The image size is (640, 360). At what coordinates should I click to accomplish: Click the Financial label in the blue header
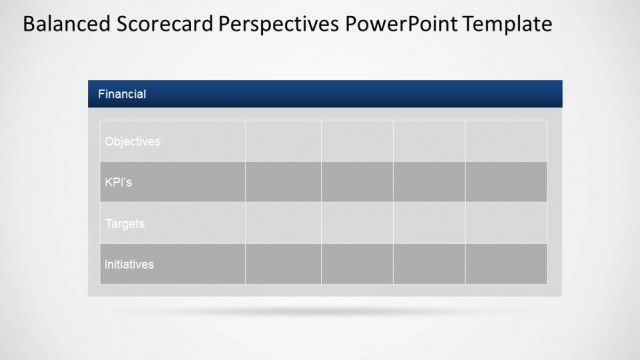pos(122,94)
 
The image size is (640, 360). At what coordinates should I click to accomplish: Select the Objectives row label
pos(132,141)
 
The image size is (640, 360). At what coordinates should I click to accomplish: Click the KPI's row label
pos(118,182)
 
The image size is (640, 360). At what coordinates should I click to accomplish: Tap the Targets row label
pos(125,223)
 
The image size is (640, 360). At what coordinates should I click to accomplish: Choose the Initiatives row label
pos(129,264)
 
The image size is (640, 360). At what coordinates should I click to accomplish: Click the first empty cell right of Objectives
pos(283,141)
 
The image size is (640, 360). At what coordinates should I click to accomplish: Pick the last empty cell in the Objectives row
pos(506,141)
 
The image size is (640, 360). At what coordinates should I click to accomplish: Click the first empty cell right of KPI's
pos(283,182)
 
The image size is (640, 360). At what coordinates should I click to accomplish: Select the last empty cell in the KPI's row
pos(506,182)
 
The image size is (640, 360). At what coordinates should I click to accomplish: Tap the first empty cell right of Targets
pos(283,223)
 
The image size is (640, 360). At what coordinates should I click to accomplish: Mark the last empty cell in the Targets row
pos(506,223)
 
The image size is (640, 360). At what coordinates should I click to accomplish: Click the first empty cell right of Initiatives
pos(283,264)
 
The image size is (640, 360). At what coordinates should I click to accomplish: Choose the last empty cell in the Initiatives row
pos(506,264)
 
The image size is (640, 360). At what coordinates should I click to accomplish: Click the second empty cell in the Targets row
pos(357,223)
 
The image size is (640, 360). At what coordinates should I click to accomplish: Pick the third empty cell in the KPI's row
pos(429,182)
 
